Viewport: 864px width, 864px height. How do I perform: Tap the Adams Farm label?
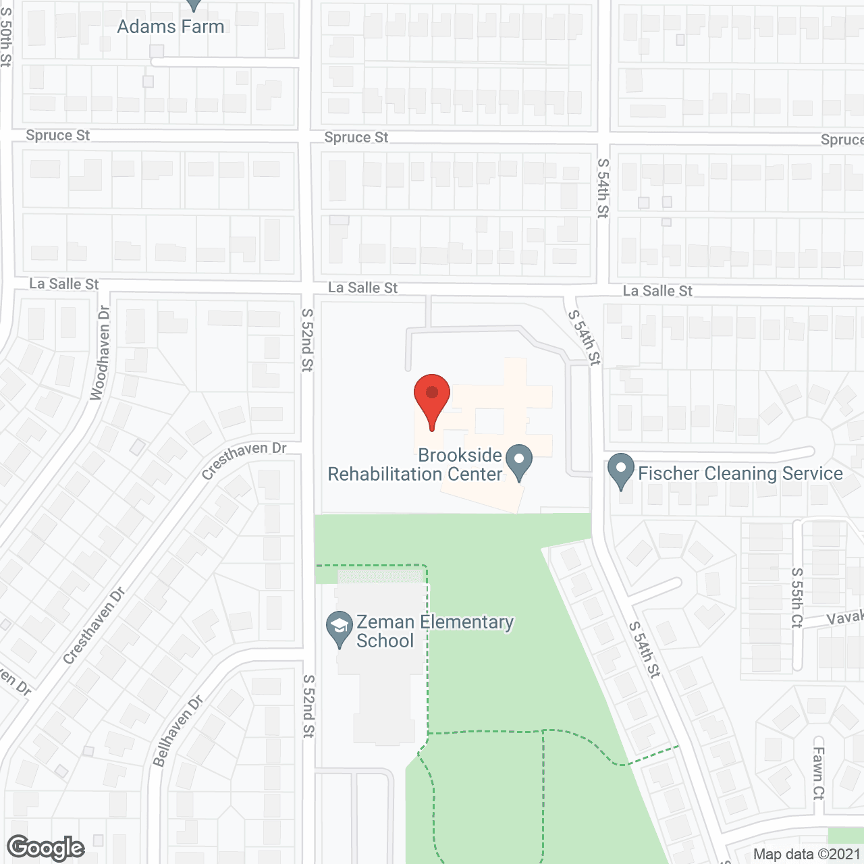click(x=170, y=26)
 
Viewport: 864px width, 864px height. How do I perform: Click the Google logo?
click(x=46, y=848)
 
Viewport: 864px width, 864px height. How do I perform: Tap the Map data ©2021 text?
click(x=807, y=854)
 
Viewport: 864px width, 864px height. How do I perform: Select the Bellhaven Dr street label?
click(x=178, y=732)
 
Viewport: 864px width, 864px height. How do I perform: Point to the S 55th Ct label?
click(x=797, y=597)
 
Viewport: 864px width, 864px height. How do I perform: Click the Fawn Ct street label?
click(x=819, y=773)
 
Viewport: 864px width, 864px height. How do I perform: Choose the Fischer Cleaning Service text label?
click(x=740, y=473)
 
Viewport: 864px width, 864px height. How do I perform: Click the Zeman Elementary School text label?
click(x=435, y=631)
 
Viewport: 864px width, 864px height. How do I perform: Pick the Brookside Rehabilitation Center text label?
click(x=415, y=464)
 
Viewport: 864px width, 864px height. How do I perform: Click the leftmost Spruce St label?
click(x=57, y=135)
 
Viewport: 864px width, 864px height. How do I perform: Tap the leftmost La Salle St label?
click(x=64, y=283)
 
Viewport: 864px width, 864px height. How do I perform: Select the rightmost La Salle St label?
click(x=657, y=291)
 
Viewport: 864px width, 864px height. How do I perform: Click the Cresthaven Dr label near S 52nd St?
click(x=244, y=460)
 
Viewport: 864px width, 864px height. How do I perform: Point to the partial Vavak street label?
click(x=845, y=617)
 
